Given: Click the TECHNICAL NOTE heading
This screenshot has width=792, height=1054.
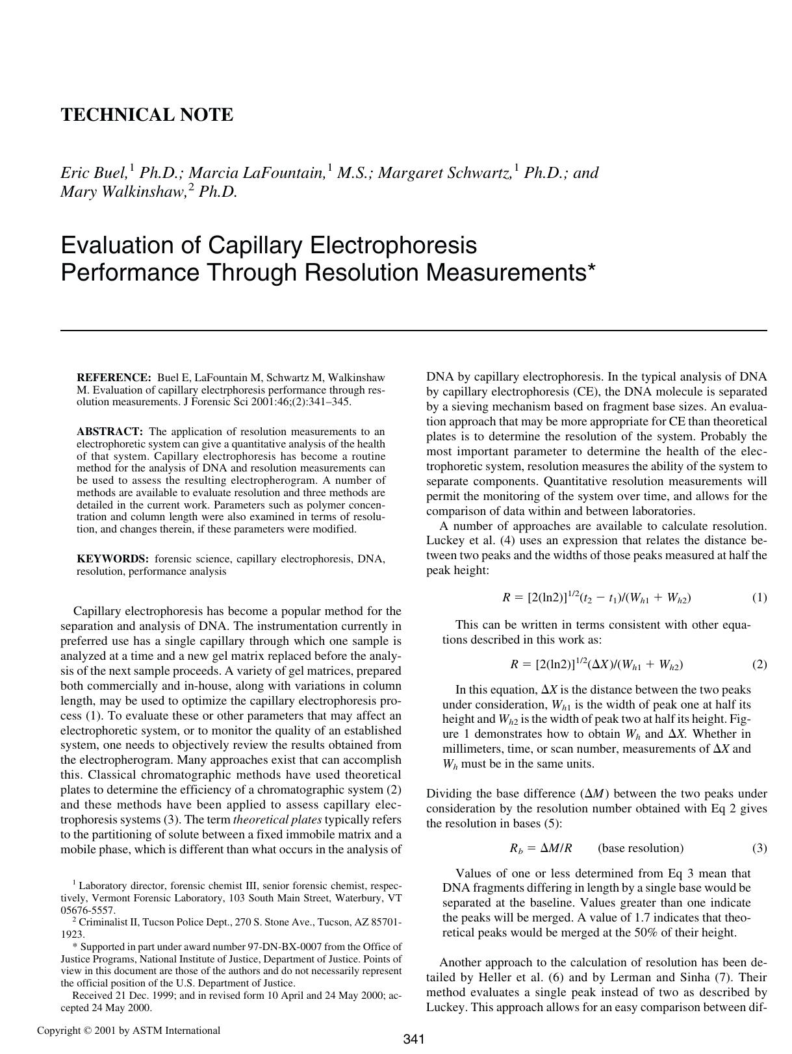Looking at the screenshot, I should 146,115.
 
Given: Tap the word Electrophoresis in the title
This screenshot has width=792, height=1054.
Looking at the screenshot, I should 392,245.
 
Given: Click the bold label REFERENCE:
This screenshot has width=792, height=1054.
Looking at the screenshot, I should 114,377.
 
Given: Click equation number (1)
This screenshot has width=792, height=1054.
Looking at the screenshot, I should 759,597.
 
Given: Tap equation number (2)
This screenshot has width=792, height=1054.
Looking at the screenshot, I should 759,664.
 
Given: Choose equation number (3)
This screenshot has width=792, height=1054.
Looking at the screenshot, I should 759,848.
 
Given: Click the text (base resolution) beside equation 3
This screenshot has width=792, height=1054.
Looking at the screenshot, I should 640,848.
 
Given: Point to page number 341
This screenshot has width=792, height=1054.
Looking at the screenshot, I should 413,1039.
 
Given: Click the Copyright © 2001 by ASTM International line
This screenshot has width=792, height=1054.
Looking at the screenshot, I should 129,1030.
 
